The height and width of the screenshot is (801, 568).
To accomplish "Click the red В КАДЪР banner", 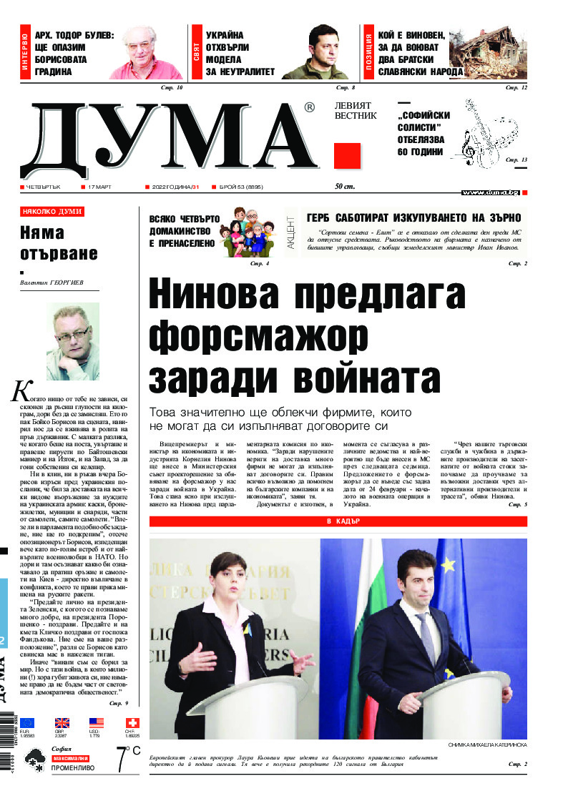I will (338, 521).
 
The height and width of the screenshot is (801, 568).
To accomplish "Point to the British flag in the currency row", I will (62, 722).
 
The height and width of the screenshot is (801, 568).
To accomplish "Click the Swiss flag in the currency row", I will (132, 722).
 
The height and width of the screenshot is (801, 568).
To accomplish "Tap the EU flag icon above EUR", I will (26, 722).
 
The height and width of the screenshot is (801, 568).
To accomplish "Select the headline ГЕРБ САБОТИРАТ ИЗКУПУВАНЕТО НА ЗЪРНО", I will (413, 218).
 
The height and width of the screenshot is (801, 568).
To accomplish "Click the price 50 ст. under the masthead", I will (345, 187).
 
